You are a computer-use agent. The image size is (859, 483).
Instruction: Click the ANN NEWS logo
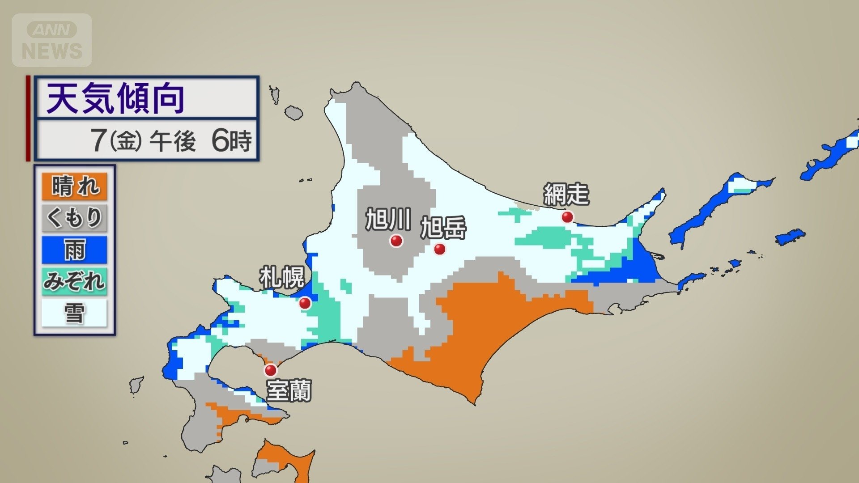pyautogui.click(x=52, y=40)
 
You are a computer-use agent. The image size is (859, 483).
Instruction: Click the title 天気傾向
pyautogui.click(x=115, y=99)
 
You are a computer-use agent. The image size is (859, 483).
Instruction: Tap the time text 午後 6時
pyautogui.click(x=200, y=140)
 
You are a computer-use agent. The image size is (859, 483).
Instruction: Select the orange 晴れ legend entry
pyautogui.click(x=74, y=186)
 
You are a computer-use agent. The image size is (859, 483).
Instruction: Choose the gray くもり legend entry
pyautogui.click(x=74, y=218)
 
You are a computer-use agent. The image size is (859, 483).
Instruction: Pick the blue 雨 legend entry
pyautogui.click(x=74, y=250)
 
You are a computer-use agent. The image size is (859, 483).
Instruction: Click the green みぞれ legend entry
pyautogui.click(x=74, y=281)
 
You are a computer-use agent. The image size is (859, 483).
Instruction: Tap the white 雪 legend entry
pyautogui.click(x=74, y=313)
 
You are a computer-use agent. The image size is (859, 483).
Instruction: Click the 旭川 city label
pyautogui.click(x=388, y=219)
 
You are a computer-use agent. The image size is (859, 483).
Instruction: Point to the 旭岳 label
pyautogui.click(x=443, y=228)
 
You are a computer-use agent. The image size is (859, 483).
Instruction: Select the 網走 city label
pyautogui.click(x=566, y=194)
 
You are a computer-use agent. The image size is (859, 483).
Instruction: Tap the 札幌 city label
pyautogui.click(x=282, y=277)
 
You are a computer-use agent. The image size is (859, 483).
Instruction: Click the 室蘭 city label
pyautogui.click(x=289, y=390)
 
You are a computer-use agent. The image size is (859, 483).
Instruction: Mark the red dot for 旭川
pyautogui.click(x=396, y=241)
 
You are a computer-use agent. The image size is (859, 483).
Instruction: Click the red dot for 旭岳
pyautogui.click(x=440, y=249)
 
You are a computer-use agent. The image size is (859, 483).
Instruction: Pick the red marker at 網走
pyautogui.click(x=567, y=217)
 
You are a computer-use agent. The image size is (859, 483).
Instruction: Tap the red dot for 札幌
pyautogui.click(x=305, y=303)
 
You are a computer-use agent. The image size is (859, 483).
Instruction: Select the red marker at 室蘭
pyautogui.click(x=271, y=370)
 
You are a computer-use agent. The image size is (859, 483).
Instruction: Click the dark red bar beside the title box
pyautogui.click(x=28, y=118)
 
